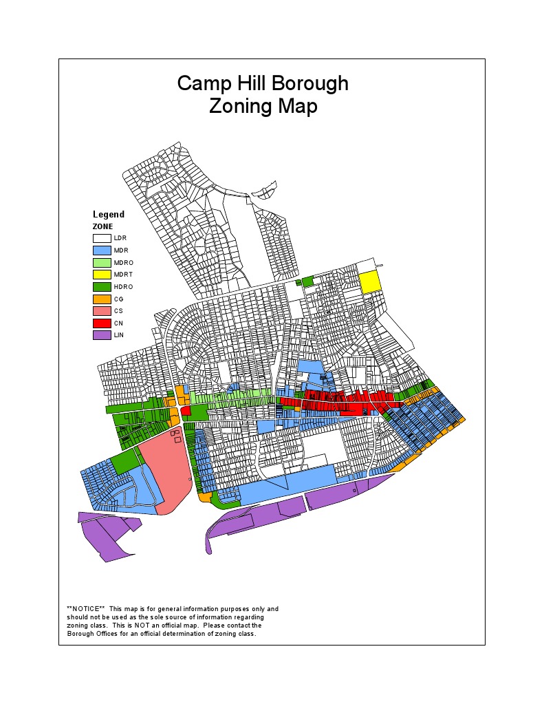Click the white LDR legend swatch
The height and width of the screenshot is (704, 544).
[x=102, y=238]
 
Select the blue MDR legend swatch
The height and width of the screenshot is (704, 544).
[x=102, y=250]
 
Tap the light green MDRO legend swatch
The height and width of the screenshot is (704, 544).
[x=102, y=263]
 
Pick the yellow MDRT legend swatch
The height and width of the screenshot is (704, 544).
[x=102, y=275]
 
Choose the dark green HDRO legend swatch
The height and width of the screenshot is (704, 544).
[x=102, y=287]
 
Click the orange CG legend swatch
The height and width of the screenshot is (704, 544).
[x=102, y=299]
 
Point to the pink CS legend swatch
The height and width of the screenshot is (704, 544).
[x=102, y=311]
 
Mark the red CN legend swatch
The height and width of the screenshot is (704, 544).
[x=102, y=323]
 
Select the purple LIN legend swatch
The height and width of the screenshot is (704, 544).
[x=102, y=335]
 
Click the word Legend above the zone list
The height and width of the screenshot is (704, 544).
[x=109, y=215]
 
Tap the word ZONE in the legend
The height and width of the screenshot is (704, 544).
[x=103, y=226]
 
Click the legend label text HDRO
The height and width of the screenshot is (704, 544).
[x=124, y=287]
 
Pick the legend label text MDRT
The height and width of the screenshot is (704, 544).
[x=124, y=275]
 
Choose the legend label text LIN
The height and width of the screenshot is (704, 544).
[x=119, y=335]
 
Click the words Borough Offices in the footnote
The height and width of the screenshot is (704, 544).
[x=91, y=634]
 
